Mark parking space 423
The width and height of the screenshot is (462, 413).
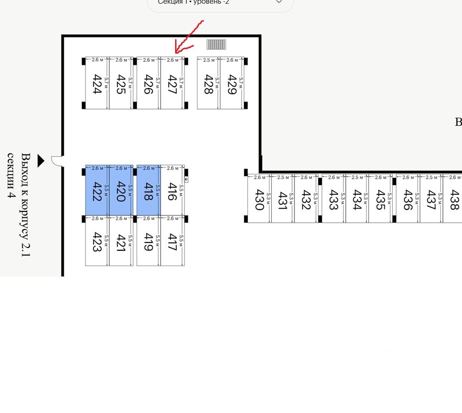(x=97, y=242)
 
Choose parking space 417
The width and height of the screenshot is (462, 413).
(x=172, y=242)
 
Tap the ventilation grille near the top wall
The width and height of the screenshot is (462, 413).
(x=216, y=44)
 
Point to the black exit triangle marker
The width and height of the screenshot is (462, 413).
(x=41, y=160)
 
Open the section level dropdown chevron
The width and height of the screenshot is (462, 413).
(x=279, y=2)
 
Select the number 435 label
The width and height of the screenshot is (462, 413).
(x=380, y=200)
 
